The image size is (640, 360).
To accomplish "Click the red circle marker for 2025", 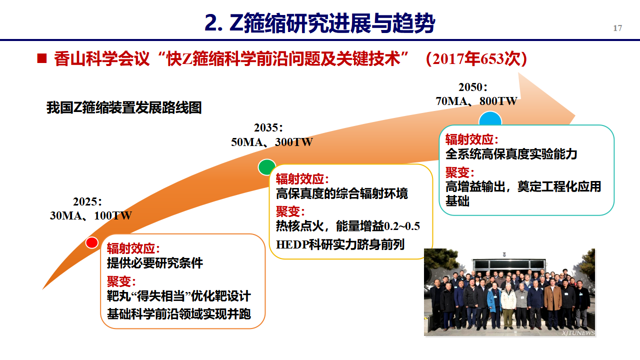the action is [91, 243].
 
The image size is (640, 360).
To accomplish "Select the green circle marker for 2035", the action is [267, 167].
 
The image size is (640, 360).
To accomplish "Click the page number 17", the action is [617, 28].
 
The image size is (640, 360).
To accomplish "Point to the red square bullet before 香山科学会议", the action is [41, 58].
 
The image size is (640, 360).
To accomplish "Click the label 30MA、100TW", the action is [91, 215].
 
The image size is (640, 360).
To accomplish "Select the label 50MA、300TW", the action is [271, 142].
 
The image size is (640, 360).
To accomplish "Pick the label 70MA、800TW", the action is [476, 101].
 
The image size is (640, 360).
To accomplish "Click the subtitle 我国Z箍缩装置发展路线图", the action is [124, 107].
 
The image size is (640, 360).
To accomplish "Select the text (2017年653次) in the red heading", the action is [476, 59].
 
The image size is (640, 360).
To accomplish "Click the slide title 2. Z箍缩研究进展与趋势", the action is [320, 23].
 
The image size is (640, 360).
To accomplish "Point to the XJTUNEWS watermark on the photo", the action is [578, 333].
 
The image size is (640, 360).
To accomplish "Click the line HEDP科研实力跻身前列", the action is [340, 244].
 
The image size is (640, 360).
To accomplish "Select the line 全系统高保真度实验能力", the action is [511, 154].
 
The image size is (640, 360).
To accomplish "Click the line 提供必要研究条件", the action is [155, 263].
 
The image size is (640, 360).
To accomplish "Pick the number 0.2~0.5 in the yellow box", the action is [402, 226].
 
